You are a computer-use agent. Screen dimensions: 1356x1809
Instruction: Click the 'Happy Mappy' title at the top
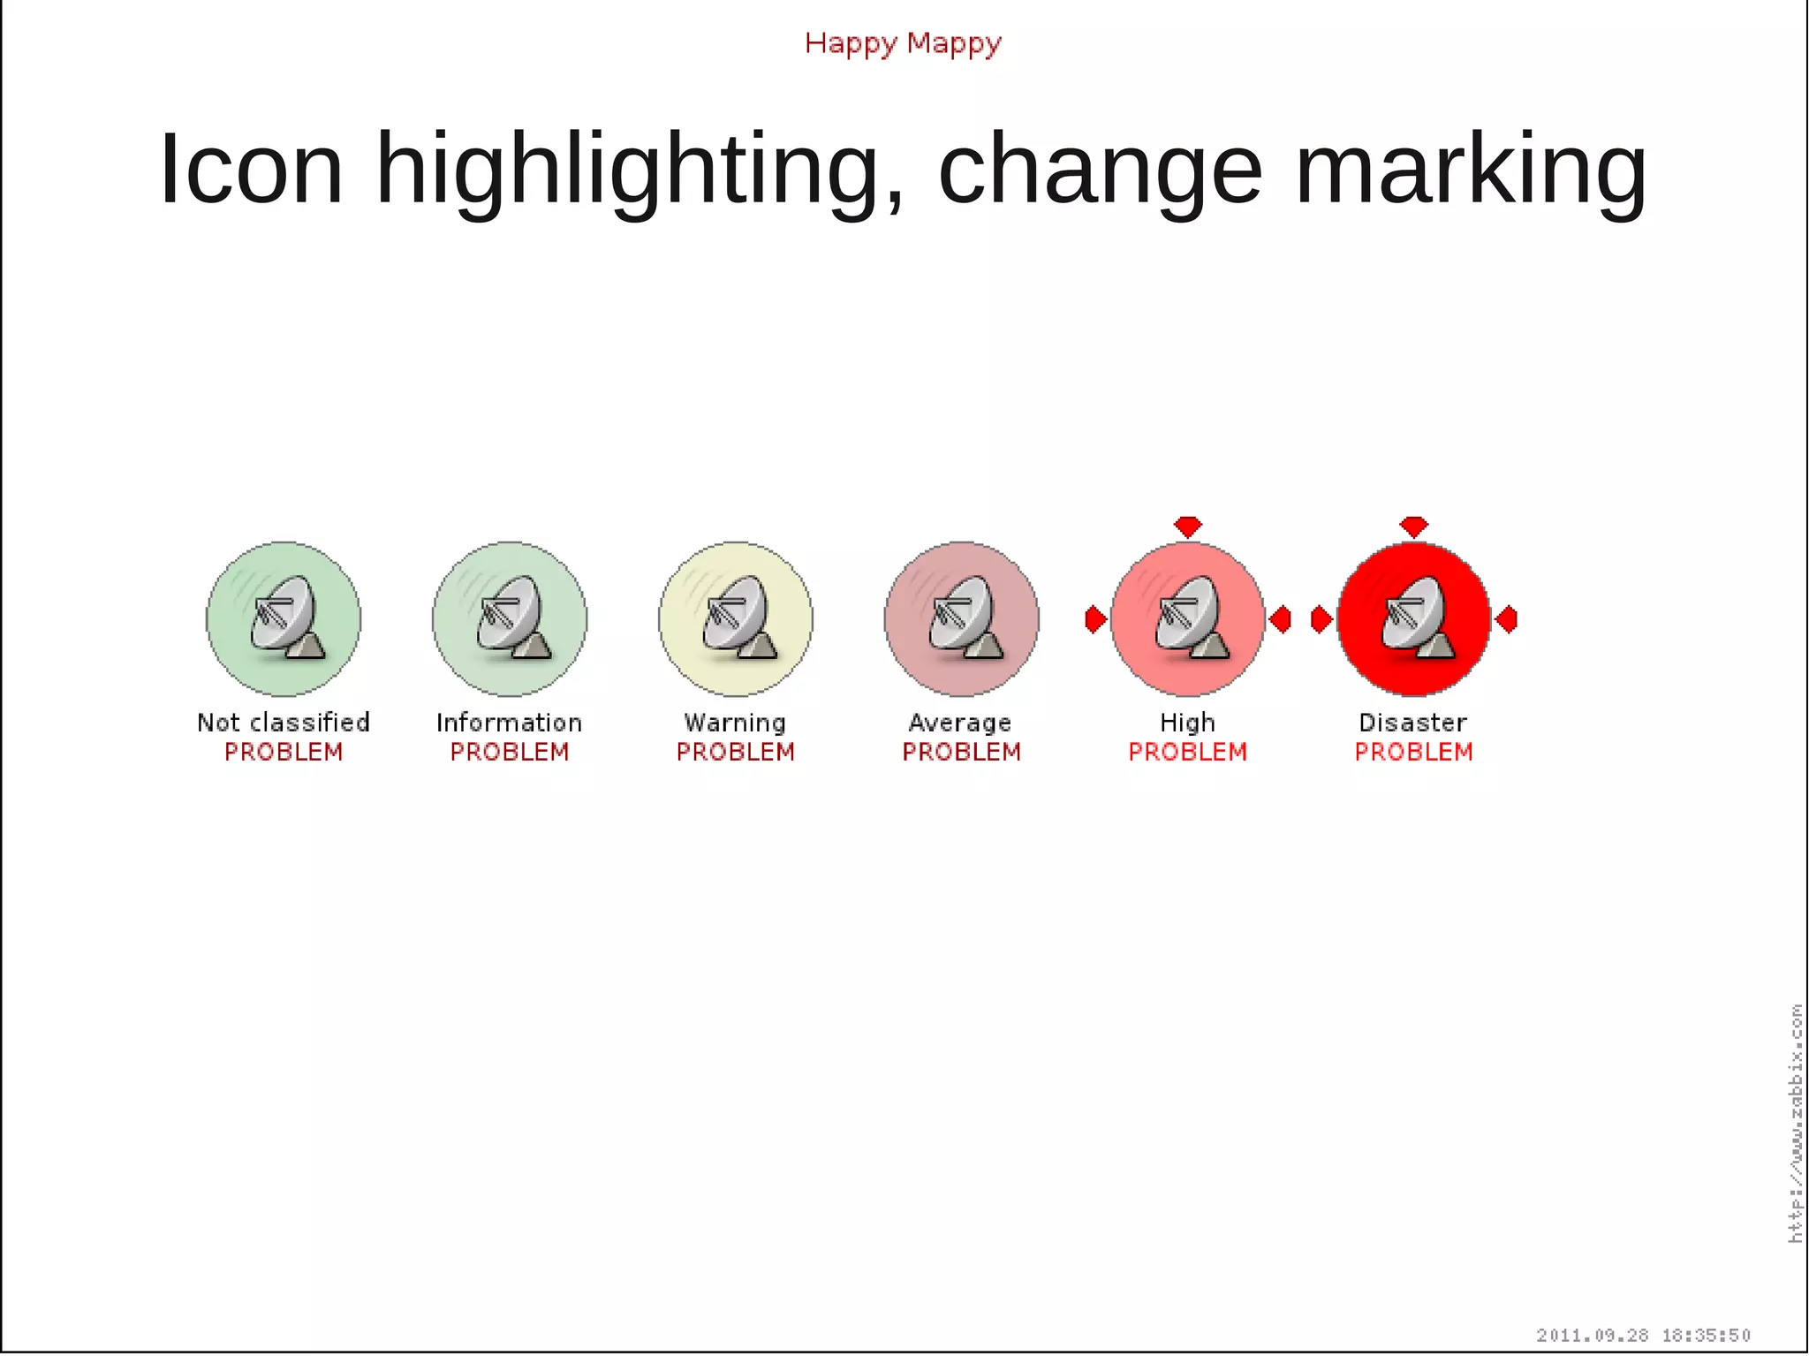tap(903, 43)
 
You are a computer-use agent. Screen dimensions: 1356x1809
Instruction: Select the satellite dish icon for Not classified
tap(284, 618)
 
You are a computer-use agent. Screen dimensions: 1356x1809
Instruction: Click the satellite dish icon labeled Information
tap(510, 618)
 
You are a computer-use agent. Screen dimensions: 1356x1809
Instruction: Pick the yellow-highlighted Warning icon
tap(736, 618)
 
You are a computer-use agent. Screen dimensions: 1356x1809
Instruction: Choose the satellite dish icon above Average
tap(962, 618)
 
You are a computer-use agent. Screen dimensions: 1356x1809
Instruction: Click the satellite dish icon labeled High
tap(1188, 618)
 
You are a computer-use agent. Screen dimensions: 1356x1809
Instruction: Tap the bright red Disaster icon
tap(1414, 618)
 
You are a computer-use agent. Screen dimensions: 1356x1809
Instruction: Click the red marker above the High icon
tap(1188, 526)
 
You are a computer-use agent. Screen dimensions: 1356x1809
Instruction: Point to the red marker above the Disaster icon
tap(1414, 526)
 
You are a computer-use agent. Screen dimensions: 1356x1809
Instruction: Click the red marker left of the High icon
tap(1095, 619)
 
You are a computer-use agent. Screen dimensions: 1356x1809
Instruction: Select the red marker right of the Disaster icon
tap(1507, 619)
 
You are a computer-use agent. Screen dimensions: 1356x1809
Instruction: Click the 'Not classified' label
tap(284, 723)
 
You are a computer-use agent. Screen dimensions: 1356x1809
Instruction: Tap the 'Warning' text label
tap(735, 723)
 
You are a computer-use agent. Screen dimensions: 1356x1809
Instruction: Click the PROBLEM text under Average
tap(961, 752)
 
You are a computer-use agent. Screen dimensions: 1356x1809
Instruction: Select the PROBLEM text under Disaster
tap(1413, 752)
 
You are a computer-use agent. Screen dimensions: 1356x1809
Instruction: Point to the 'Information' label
tap(510, 723)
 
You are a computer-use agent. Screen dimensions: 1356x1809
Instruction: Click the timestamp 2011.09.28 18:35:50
tap(1643, 1335)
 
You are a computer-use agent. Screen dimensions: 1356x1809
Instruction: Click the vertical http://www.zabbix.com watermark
tap(1796, 1124)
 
